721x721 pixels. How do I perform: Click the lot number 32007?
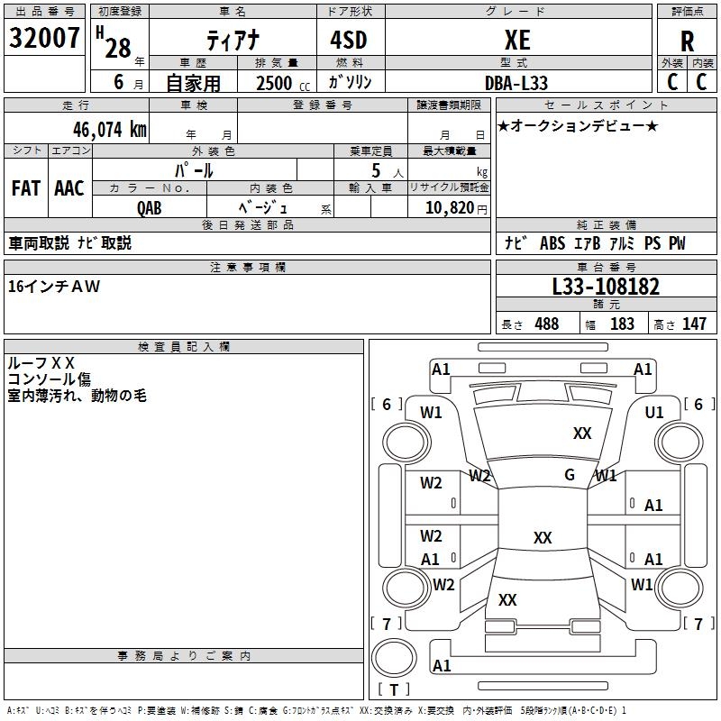coord(44,39)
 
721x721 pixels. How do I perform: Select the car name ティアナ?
coord(233,41)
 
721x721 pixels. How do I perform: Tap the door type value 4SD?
coord(348,41)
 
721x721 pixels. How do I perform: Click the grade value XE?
coord(517,40)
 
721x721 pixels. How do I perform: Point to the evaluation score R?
coord(687,41)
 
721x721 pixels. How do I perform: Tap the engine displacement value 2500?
coord(274,83)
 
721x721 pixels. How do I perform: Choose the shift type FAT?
coord(26,188)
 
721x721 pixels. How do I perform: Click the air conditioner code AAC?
coord(69,188)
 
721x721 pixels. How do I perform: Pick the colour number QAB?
coord(150,206)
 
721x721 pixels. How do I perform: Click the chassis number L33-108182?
coord(606,287)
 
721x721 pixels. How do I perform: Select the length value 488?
coord(546,324)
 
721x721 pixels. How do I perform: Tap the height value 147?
coord(694,324)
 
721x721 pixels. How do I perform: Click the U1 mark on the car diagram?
coord(654,413)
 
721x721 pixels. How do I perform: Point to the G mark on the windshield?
coord(570,475)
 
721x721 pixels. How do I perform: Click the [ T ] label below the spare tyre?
coord(393,690)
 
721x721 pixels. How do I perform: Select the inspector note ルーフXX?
coord(41,363)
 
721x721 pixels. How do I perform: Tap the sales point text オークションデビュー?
coord(578,125)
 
